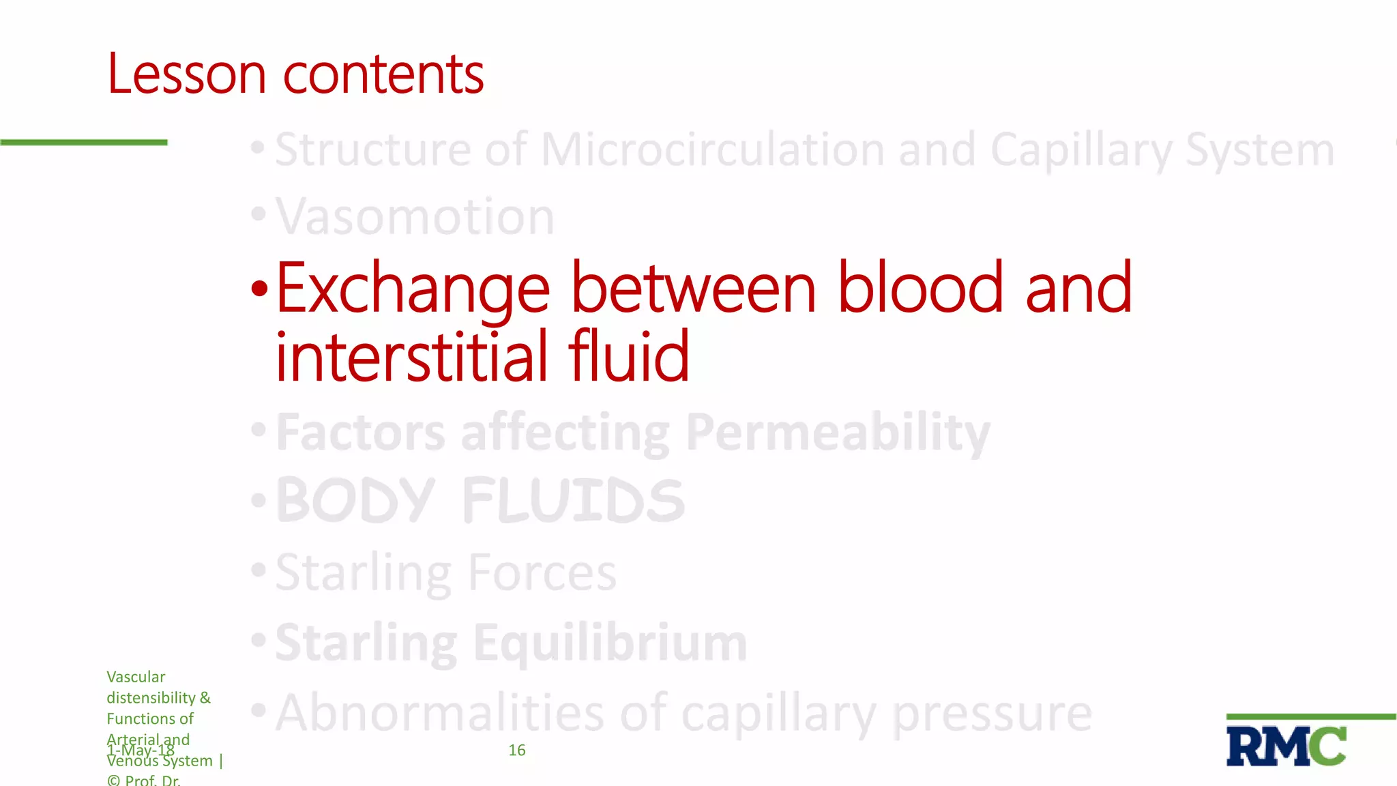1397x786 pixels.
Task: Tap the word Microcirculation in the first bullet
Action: (712, 149)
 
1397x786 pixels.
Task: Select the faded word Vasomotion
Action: (415, 217)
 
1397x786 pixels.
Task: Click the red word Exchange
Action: (413, 289)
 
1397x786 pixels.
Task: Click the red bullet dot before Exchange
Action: (259, 289)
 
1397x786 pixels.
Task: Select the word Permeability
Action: (838, 433)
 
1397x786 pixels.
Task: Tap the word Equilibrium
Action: (610, 643)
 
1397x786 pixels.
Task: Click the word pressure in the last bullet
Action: (992, 713)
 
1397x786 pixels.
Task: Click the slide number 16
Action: (517, 751)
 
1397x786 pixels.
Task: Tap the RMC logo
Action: (1286, 746)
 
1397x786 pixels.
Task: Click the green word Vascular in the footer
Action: (136, 677)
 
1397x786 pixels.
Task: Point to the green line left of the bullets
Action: (83, 142)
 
